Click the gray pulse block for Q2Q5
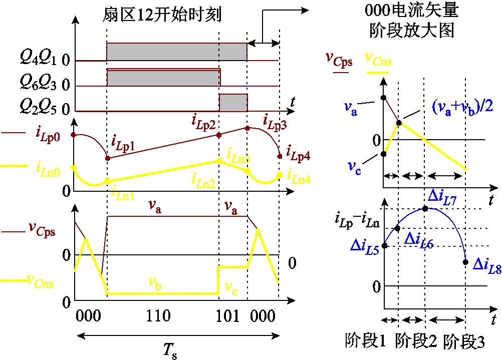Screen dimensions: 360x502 (233, 102)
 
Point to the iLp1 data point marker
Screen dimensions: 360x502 (107, 158)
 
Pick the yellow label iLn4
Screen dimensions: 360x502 (299, 176)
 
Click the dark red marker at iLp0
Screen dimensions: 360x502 (74, 135)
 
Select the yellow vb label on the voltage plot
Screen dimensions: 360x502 (155, 281)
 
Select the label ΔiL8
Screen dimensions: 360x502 (486, 265)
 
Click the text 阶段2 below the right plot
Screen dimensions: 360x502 (415, 341)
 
